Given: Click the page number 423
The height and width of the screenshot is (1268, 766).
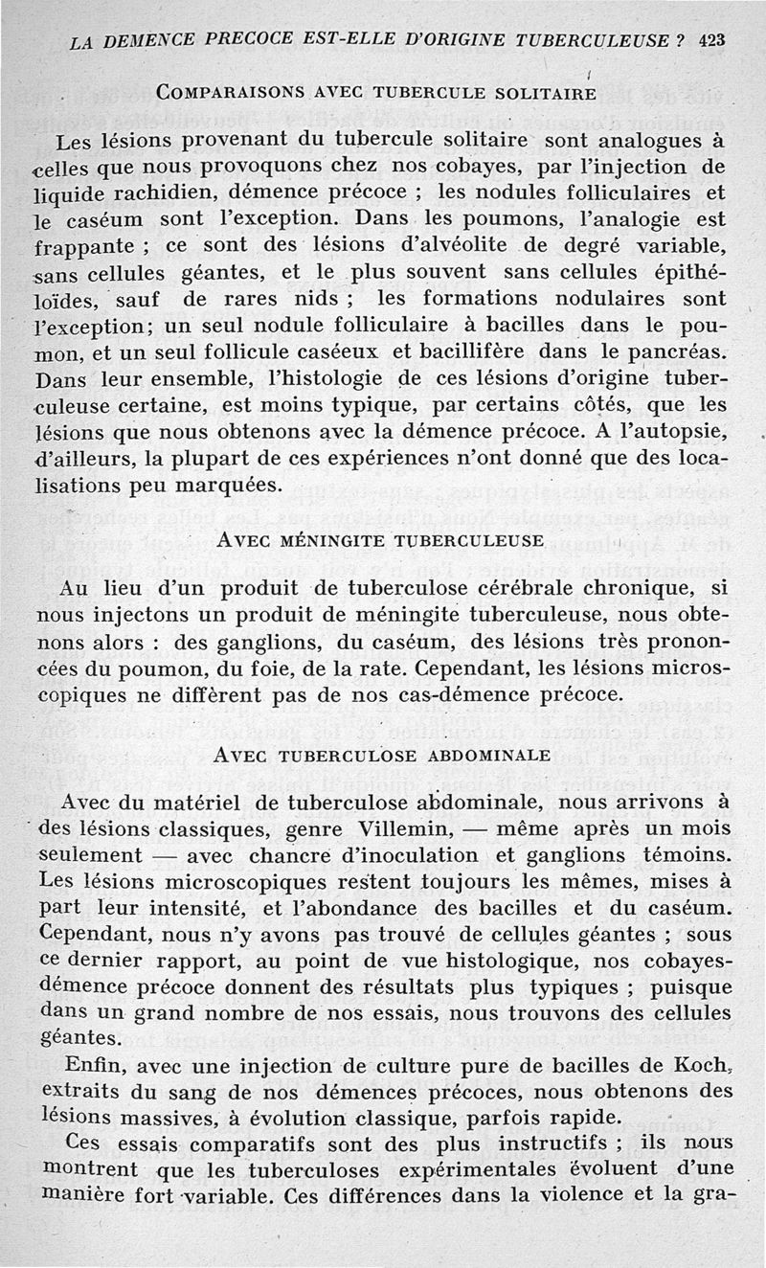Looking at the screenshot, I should (x=712, y=40).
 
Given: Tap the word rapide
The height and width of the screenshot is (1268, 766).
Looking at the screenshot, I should (x=585, y=1117).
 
